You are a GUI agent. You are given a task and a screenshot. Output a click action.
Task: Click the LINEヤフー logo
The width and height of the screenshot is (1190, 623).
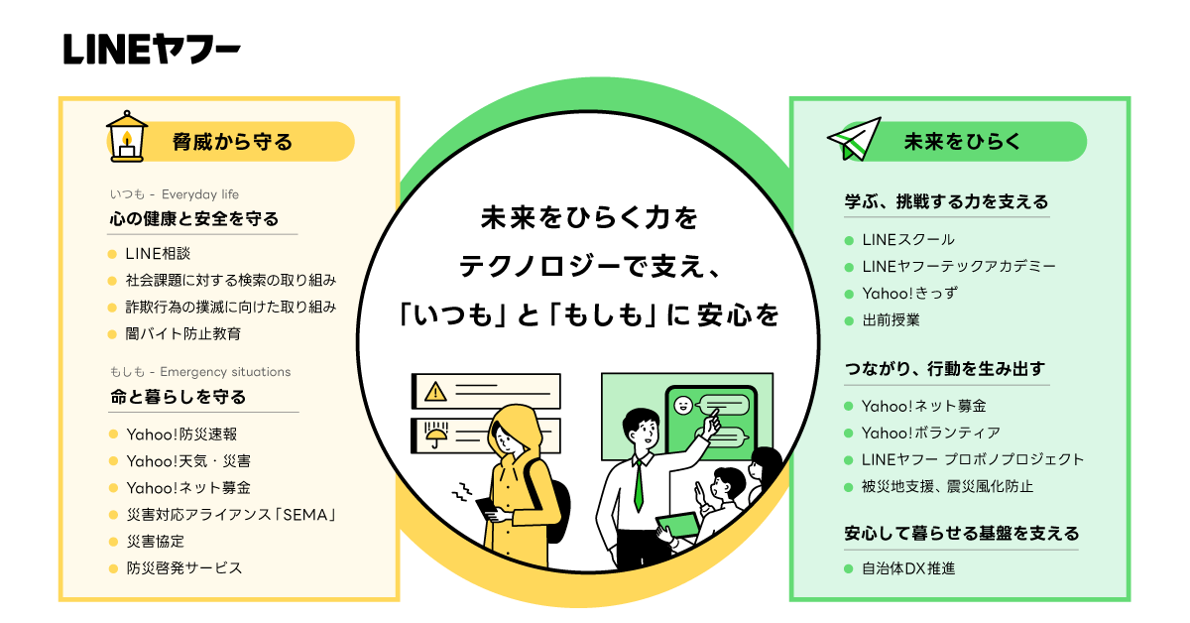tap(151, 49)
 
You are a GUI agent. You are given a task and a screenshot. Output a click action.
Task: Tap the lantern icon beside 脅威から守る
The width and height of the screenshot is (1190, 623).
tap(126, 136)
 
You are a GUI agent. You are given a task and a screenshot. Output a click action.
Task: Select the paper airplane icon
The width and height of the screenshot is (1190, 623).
tap(854, 139)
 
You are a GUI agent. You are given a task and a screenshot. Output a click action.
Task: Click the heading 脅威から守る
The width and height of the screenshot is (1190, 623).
tap(232, 142)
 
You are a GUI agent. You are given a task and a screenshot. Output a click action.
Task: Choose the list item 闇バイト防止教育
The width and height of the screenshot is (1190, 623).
tap(182, 333)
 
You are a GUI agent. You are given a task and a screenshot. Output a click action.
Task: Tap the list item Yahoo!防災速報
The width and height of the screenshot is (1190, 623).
tap(180, 434)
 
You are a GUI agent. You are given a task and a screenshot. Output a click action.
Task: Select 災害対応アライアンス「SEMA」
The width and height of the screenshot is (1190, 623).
tap(232, 514)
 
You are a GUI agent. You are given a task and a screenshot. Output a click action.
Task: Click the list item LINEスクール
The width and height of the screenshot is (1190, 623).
tap(907, 240)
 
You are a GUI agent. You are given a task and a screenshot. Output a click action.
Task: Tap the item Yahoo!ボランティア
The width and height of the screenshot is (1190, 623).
tap(930, 433)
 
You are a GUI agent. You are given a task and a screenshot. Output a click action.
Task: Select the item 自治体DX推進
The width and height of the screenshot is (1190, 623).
tap(907, 568)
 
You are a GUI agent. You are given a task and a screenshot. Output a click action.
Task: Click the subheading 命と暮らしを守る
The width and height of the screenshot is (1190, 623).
tap(178, 396)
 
